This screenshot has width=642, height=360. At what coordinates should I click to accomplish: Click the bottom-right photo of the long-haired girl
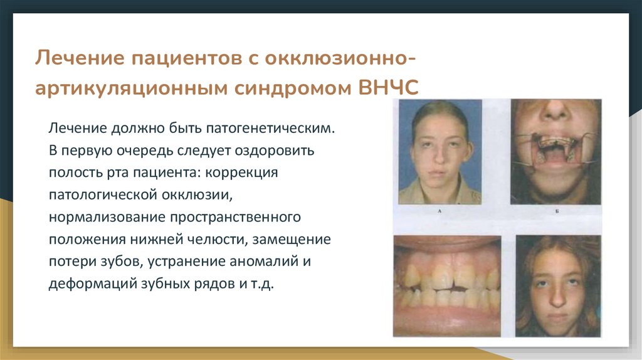point(558,285)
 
